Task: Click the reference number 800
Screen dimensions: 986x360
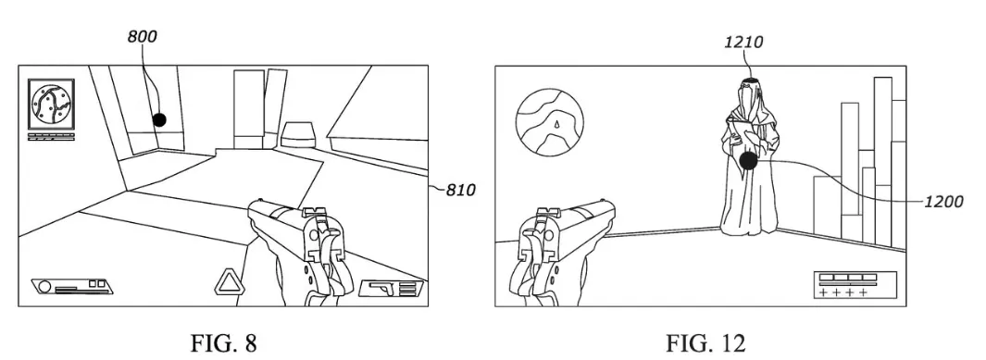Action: (143, 36)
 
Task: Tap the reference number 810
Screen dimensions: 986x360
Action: (460, 190)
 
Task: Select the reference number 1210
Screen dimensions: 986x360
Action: (743, 42)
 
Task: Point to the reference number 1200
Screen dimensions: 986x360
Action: (943, 202)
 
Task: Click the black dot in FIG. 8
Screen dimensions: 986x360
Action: (160, 119)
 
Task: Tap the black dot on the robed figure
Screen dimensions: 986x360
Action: (748, 161)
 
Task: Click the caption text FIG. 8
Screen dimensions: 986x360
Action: (223, 343)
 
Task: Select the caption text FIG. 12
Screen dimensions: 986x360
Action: (705, 343)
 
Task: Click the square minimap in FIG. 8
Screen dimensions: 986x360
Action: (52, 105)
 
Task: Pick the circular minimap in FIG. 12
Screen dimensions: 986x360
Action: (549, 122)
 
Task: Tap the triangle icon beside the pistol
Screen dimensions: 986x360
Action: (228, 282)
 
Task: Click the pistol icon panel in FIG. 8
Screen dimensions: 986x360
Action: (391, 288)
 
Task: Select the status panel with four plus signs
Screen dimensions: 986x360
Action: (854, 285)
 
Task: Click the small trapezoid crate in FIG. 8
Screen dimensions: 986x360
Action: (299, 134)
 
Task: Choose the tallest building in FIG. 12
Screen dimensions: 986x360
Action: (883, 161)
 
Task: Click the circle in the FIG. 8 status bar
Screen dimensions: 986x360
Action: (44, 287)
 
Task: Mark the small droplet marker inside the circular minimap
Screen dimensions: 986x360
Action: (555, 125)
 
